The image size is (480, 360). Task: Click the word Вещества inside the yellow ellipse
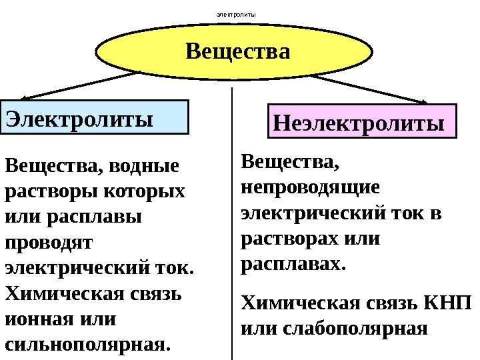[238, 51]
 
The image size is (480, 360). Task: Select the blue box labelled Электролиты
[95, 118]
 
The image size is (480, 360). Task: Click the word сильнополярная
[87, 346]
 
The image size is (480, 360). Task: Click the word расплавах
[292, 264]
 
